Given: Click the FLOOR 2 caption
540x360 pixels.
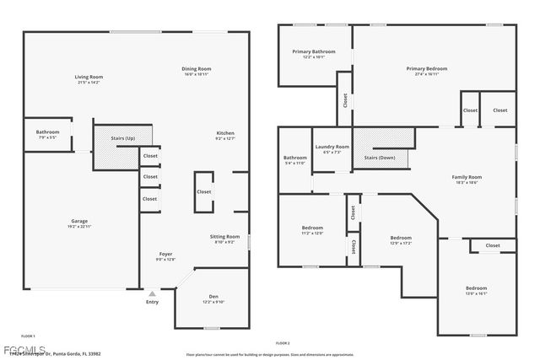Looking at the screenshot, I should pos(283,344).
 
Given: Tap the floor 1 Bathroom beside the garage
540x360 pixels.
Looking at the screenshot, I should pos(47,134).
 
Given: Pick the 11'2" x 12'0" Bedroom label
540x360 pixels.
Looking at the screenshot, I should pos(312,230).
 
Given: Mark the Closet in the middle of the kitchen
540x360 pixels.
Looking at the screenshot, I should pos(204,191).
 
